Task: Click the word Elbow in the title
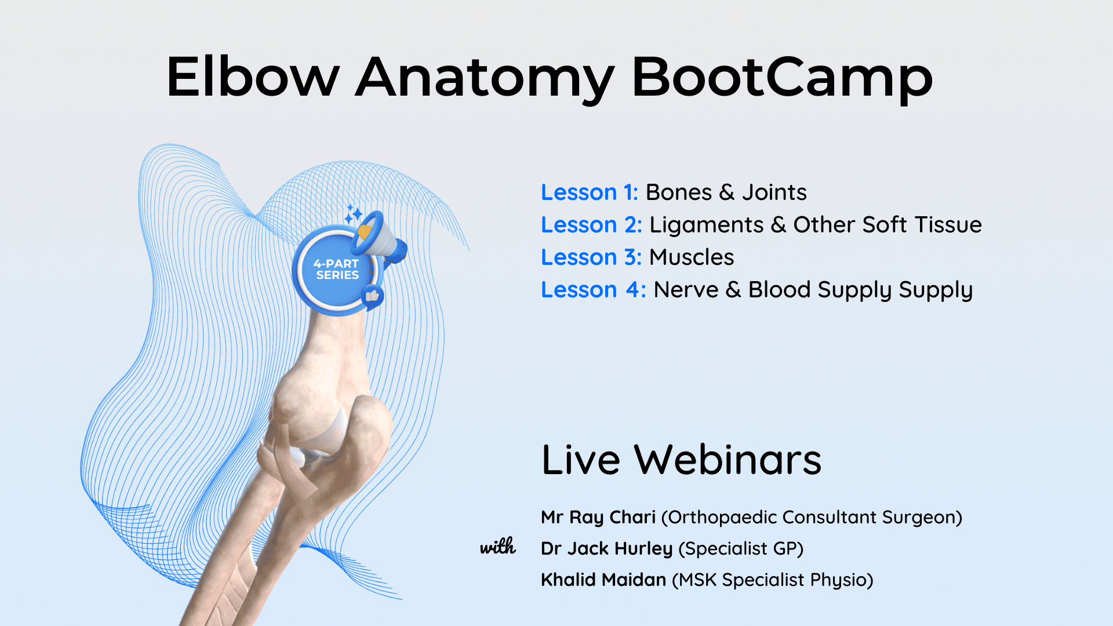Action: point(253,77)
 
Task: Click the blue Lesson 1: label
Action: point(589,192)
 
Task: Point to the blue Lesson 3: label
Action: point(591,257)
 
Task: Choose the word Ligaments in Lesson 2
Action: point(706,225)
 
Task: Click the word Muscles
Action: point(691,257)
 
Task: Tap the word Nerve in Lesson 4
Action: point(686,290)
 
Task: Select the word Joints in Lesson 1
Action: point(774,192)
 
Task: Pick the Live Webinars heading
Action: point(681,460)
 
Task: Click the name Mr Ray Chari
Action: point(598,518)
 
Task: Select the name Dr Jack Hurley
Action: point(606,549)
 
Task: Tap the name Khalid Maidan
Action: point(603,580)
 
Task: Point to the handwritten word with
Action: point(498,546)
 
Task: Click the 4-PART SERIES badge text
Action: point(336,270)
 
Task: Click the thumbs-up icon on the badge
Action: point(372,297)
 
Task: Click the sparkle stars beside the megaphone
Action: point(353,214)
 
